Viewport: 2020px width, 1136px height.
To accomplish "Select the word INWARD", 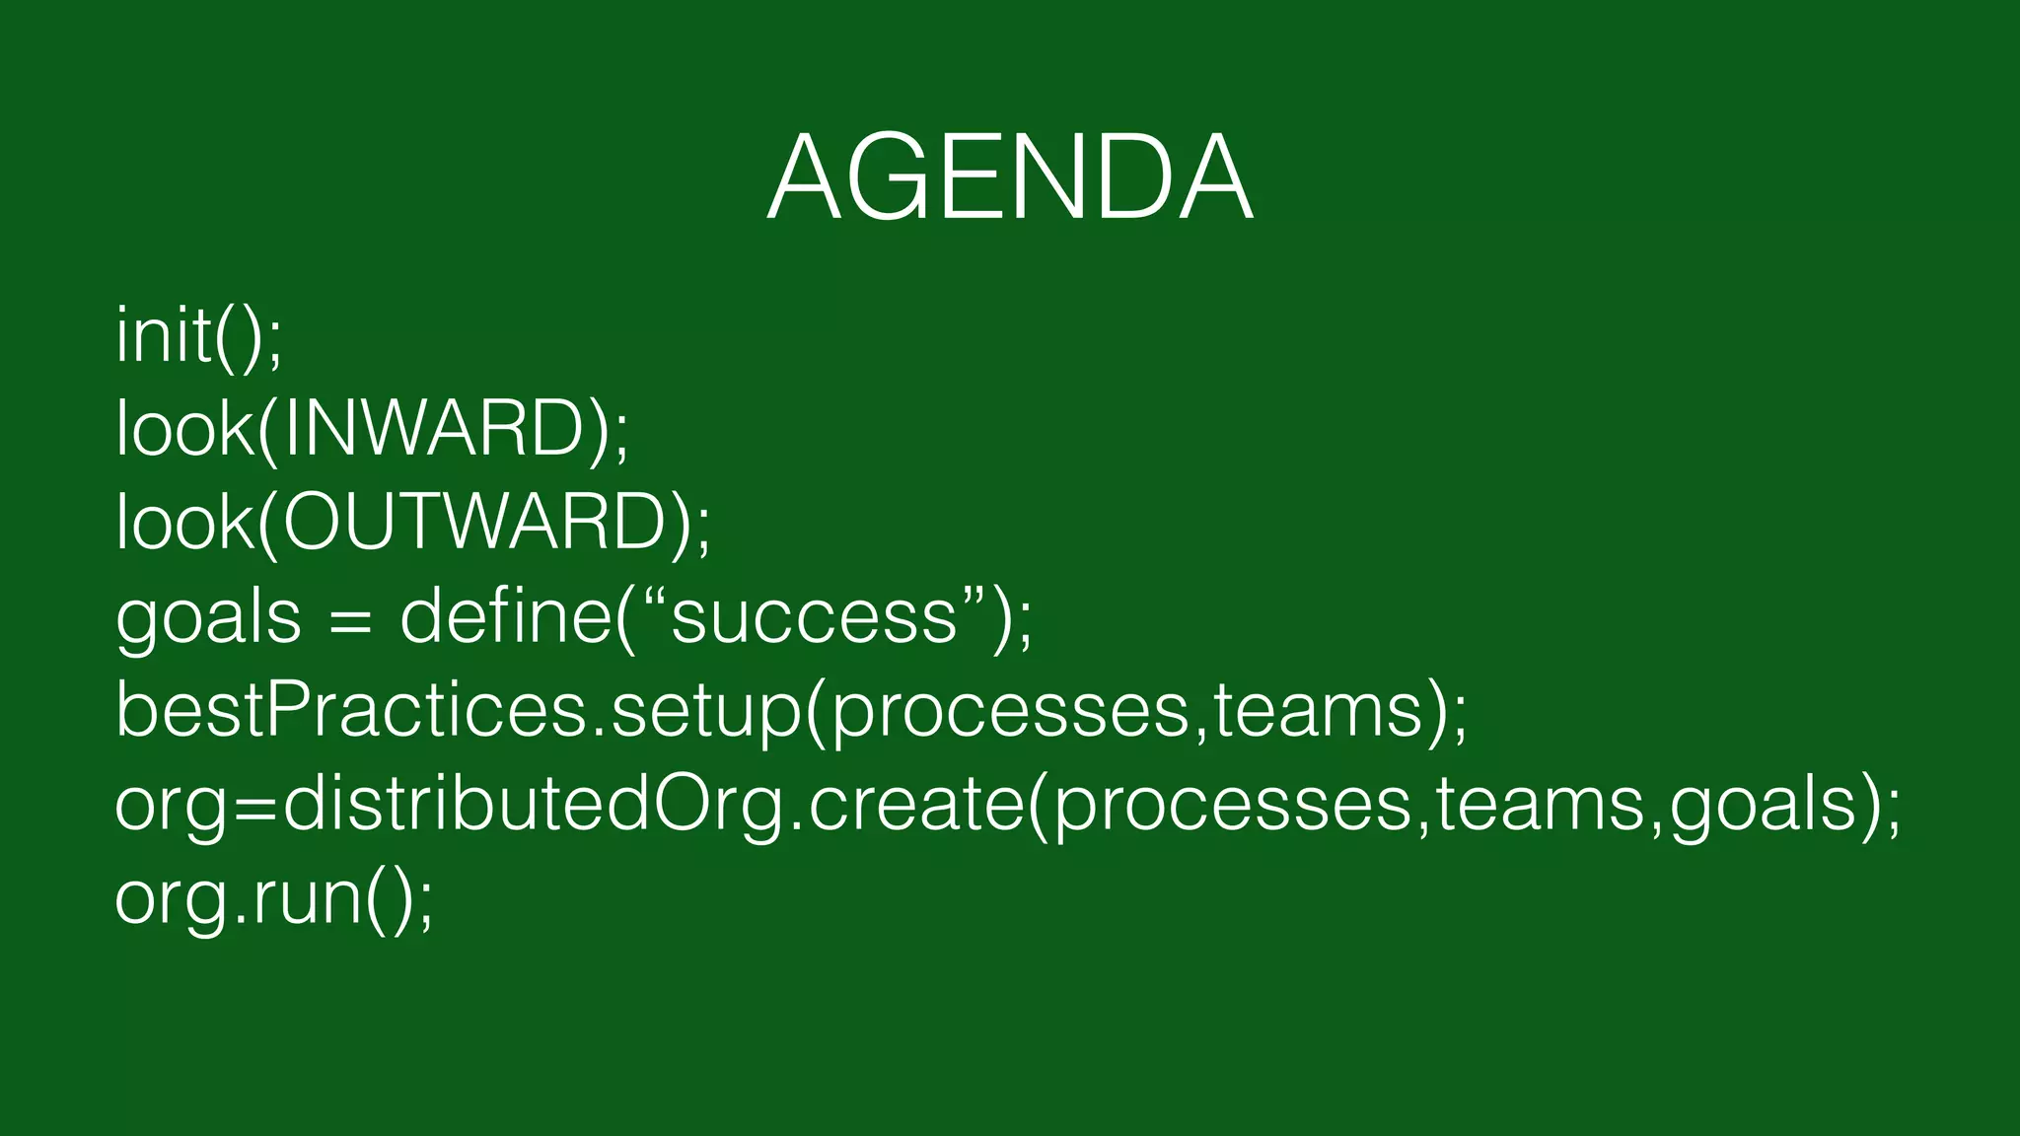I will [434, 430].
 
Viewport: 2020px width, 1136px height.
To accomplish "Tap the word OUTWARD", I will [474, 523].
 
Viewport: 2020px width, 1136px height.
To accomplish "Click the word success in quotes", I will [814, 618].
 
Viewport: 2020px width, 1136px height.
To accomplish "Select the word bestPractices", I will [350, 710].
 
